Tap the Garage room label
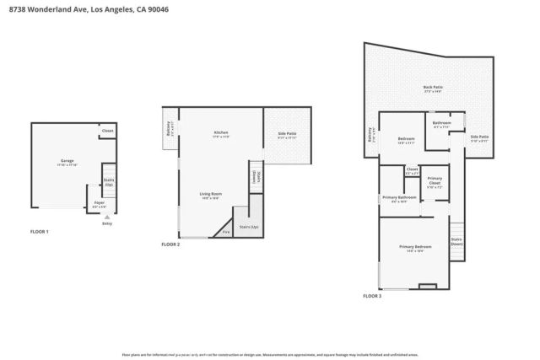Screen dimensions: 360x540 tap(67, 163)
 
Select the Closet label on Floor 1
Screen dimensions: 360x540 tap(107, 132)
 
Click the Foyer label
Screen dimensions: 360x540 tap(99, 203)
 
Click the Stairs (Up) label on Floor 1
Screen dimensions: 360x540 tap(108, 181)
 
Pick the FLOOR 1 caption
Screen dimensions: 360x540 tap(40, 231)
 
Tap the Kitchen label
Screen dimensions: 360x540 tap(221, 133)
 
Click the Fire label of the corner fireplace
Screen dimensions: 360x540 tap(225, 230)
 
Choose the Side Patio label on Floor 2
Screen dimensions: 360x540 tap(287, 135)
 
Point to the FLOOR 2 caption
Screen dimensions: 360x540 tap(170, 244)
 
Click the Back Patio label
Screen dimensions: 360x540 tap(432, 88)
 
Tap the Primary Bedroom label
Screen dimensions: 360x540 tap(415, 248)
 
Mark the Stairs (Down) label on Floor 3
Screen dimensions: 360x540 tap(456, 241)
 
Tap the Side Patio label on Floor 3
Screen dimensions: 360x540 tap(479, 138)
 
